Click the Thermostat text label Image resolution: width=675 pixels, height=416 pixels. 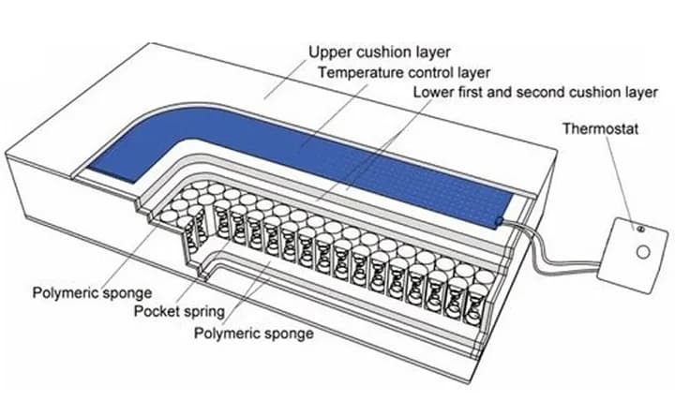point(601,128)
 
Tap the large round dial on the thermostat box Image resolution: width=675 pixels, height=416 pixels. point(643,252)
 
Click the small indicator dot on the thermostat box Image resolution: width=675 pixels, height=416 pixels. point(640,229)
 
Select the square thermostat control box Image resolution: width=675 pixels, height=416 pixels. point(633,255)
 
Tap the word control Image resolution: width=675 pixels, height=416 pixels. point(431,73)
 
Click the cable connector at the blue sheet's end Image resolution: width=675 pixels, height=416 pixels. point(500,221)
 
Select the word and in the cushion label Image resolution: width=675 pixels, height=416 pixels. point(500,92)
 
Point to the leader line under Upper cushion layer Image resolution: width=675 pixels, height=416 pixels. point(286,79)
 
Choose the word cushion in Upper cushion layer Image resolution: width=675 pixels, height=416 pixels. point(379,52)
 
